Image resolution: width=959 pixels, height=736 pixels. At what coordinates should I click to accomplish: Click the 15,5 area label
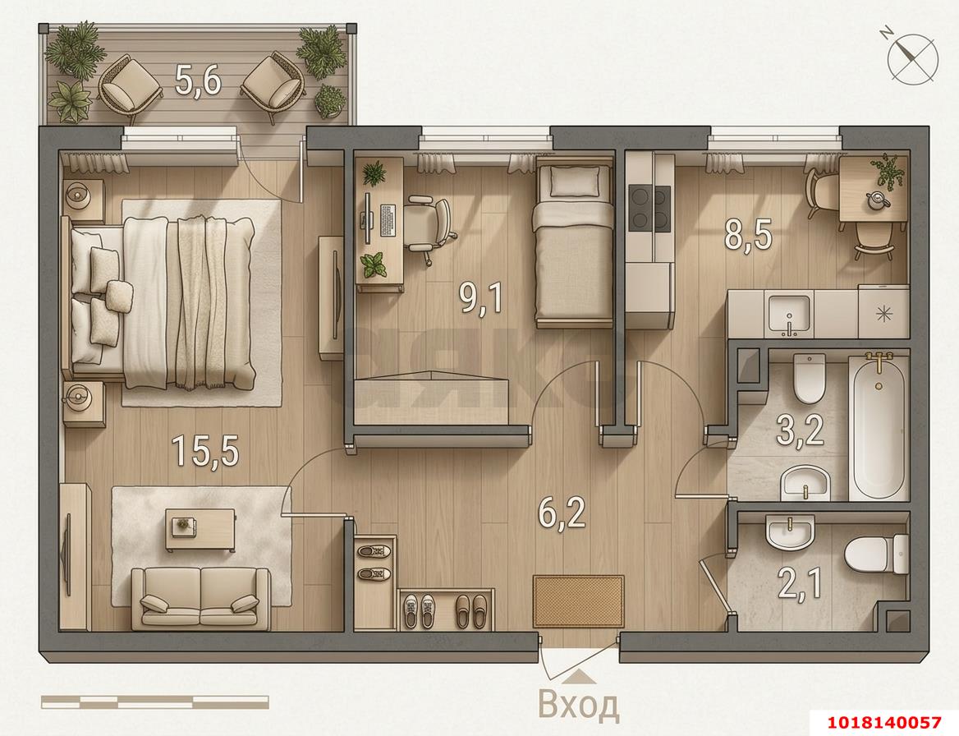click(205, 451)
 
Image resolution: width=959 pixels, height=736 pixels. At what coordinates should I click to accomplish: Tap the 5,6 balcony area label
click(198, 80)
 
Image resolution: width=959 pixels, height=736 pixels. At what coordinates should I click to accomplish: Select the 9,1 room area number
click(481, 298)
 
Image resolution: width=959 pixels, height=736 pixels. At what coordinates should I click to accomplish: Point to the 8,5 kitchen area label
click(748, 234)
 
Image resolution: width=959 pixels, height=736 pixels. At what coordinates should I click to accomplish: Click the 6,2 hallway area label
click(562, 512)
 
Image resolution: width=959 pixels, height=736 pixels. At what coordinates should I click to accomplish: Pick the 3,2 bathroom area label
click(800, 430)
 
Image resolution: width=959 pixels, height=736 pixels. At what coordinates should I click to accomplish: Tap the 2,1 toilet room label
click(800, 582)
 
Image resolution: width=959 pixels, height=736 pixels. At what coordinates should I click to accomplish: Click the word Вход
click(579, 705)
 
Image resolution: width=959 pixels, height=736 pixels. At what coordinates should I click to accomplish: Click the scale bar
click(154, 701)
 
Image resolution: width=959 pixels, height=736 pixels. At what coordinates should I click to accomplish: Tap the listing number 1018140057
click(883, 723)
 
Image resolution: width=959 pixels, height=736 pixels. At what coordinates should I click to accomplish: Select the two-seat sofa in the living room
click(200, 598)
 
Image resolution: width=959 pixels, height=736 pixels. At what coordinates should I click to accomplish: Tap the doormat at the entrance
click(578, 600)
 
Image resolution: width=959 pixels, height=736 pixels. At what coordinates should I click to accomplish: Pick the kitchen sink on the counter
click(790, 315)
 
